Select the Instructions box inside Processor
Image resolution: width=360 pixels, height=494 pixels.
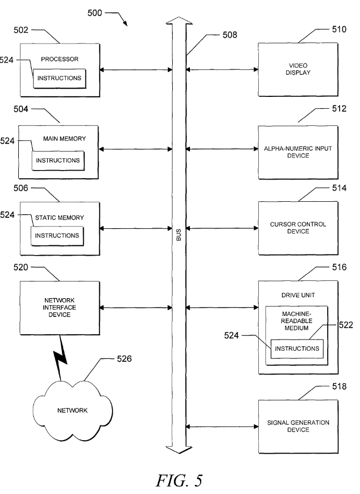59,79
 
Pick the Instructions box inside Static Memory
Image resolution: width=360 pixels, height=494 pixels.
58,235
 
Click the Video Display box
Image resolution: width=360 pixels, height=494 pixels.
298,70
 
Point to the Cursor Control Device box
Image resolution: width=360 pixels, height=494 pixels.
298,228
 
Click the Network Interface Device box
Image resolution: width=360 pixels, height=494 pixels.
60,307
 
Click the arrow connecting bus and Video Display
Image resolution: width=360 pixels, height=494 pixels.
222,69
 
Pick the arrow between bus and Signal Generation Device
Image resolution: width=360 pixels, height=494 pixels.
222,427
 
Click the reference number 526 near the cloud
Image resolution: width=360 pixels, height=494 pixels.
125,357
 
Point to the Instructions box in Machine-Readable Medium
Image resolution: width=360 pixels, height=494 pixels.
297,349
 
